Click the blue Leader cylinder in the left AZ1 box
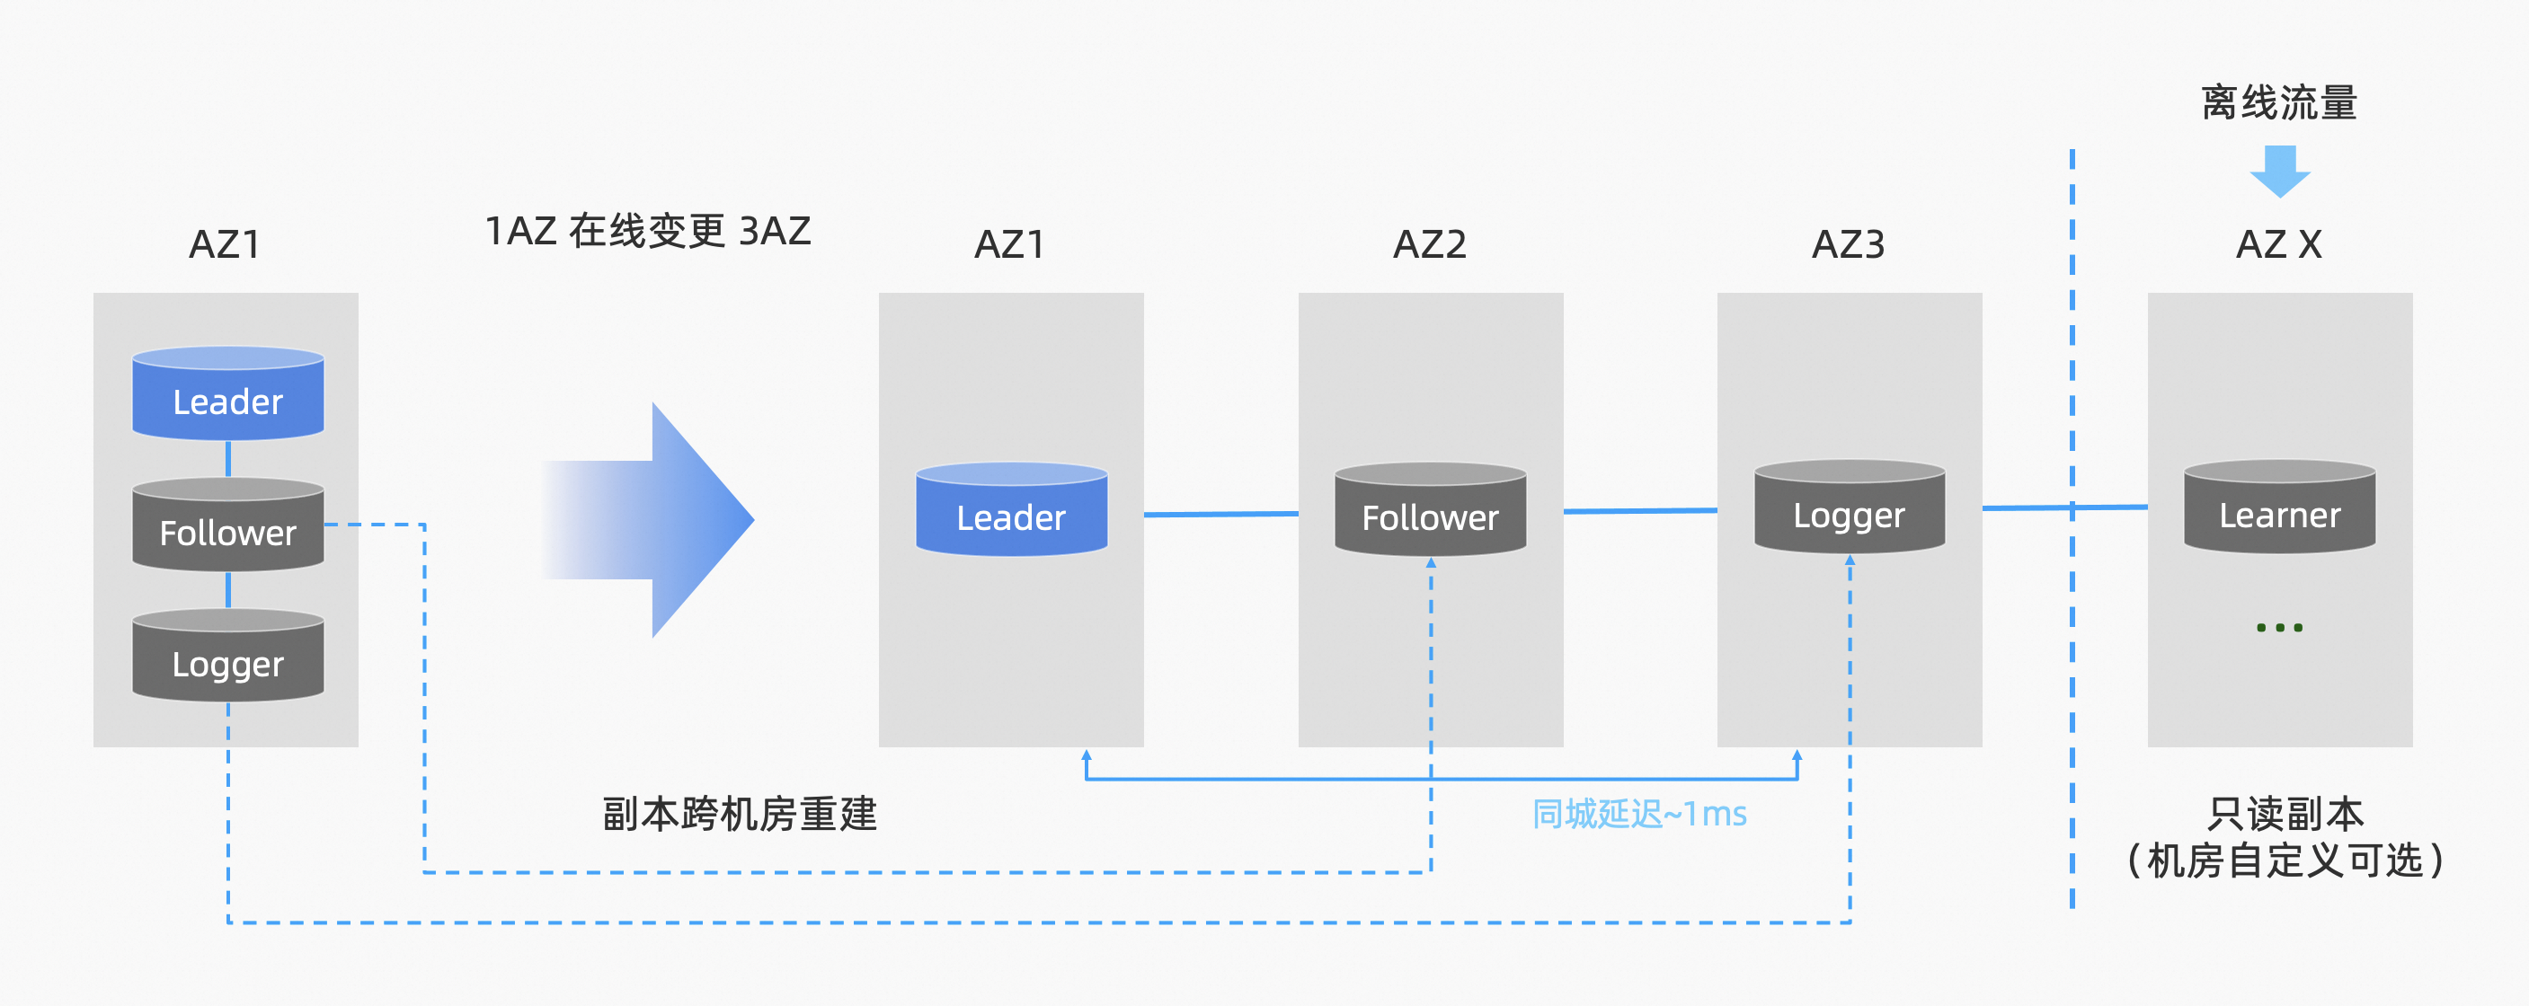tap(227, 394)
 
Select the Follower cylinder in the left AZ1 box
tap(227, 526)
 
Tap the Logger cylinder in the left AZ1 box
tap(227, 657)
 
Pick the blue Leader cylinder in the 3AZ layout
tap(1011, 511)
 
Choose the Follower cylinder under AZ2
tap(1431, 511)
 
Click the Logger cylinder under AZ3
tap(1850, 509)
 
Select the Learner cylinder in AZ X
tap(2280, 509)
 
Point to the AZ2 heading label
tap(1430, 244)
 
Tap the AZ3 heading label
tap(1848, 244)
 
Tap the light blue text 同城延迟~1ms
tap(1638, 814)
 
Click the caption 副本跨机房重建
tap(740, 814)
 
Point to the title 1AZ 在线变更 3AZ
tap(648, 232)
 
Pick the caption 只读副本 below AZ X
tap(2285, 814)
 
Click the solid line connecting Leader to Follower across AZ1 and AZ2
tap(1221, 513)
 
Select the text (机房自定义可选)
tap(2285, 860)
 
